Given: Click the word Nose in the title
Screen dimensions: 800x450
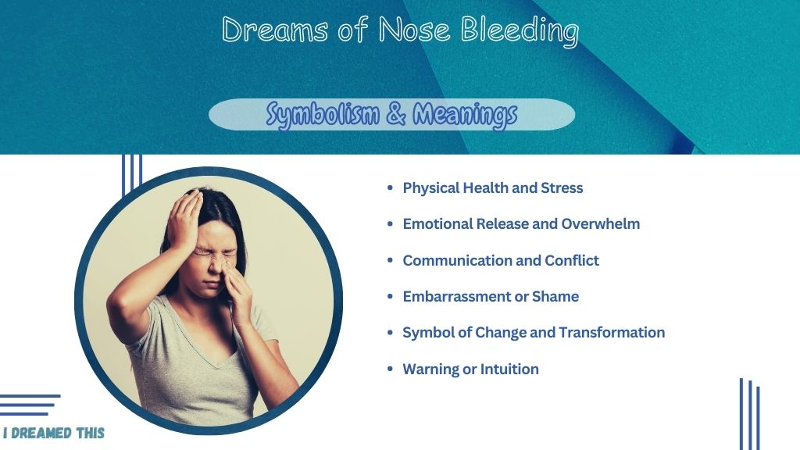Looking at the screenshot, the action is (x=414, y=29).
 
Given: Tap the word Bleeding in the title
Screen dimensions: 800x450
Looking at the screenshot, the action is (x=520, y=31).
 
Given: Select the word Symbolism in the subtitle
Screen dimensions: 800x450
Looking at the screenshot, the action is (x=323, y=114).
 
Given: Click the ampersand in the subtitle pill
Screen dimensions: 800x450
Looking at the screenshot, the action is (x=396, y=113).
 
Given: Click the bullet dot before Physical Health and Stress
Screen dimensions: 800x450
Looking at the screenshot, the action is (x=391, y=187).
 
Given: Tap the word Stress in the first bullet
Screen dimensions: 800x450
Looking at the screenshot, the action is (x=562, y=187).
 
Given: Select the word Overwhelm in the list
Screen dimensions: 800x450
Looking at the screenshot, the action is (x=601, y=223).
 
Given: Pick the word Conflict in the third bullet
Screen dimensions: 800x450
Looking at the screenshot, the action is (x=572, y=260).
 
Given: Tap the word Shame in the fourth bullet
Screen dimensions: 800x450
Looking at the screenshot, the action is (x=555, y=296).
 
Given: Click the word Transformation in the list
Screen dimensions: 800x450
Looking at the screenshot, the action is (x=612, y=333).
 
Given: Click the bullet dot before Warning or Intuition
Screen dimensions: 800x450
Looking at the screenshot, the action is (x=391, y=369).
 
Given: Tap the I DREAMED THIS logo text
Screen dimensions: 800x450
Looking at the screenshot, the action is (x=54, y=433).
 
